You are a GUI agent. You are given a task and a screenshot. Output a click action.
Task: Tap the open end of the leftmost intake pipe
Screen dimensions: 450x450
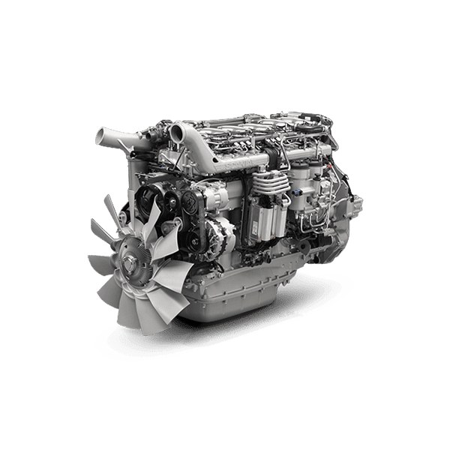click(x=100, y=137)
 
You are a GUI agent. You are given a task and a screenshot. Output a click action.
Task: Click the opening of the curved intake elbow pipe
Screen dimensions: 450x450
click(x=177, y=134)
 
